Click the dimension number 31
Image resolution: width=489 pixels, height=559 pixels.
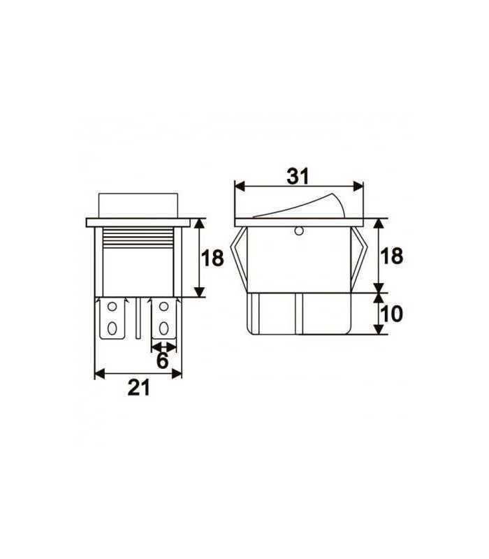[298, 177]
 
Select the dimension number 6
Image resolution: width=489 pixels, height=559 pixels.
[162, 361]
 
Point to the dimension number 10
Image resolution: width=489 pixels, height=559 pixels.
[393, 314]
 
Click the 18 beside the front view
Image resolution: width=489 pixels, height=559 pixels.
[212, 259]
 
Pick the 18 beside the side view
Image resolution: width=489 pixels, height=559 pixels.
[393, 256]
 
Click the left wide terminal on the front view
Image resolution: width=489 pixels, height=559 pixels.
[115, 318]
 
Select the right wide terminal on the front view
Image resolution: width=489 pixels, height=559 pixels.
[164, 318]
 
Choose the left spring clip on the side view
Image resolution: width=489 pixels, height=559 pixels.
[241, 259]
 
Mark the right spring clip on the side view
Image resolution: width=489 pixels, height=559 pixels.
[359, 259]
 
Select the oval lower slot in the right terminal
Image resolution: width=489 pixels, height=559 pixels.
[165, 327]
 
